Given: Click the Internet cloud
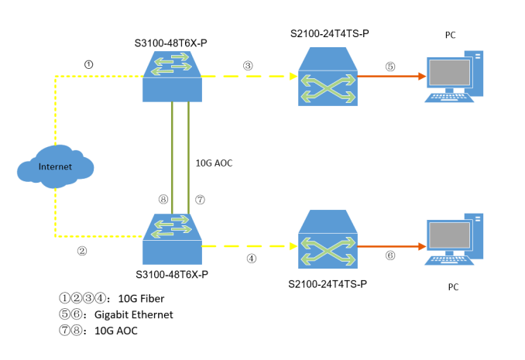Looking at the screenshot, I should (56, 166).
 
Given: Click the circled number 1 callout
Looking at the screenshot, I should (88, 64).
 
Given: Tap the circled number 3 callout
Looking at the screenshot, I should (248, 66).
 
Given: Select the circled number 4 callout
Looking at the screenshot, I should (250, 259).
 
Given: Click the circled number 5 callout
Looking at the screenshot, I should (390, 67).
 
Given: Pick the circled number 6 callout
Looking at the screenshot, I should (389, 255).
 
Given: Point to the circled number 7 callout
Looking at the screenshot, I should (200, 199).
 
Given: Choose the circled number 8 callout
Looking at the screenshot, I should (163, 199).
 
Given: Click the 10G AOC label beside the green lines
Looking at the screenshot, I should (216, 163).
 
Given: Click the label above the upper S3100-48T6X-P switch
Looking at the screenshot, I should (173, 39).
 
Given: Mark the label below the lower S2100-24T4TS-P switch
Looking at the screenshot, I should (328, 284).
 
